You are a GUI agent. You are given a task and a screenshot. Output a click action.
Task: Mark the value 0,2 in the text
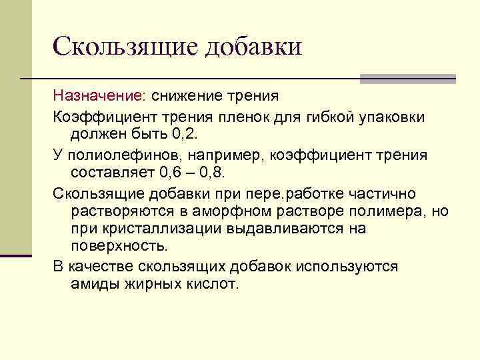(x=185, y=135)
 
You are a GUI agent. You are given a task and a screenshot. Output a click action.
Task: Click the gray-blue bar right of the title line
(x=407, y=79)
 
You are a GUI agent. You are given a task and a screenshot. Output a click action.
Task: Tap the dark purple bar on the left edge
(x=16, y=255)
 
